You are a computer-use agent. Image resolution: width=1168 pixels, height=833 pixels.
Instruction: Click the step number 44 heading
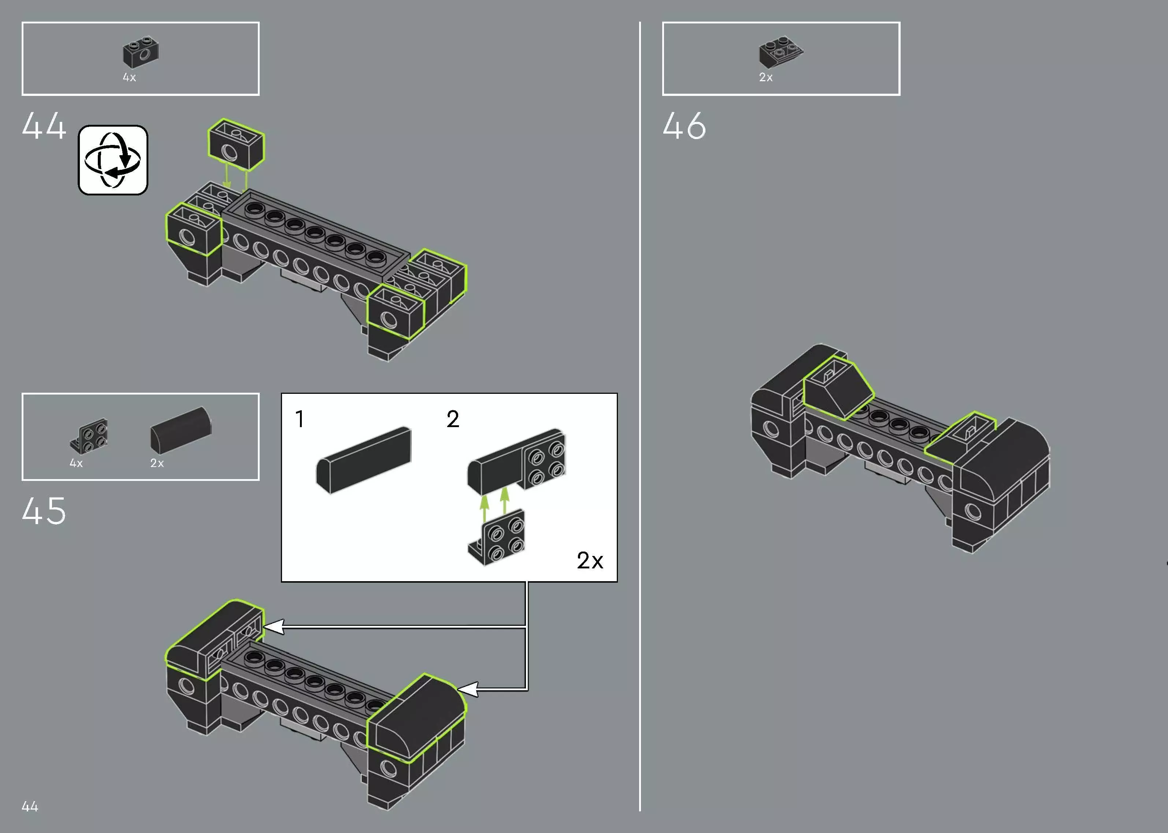coord(44,126)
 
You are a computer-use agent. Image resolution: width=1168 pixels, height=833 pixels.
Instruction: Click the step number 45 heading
coord(44,511)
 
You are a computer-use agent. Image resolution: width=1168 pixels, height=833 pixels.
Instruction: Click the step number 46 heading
coord(684,126)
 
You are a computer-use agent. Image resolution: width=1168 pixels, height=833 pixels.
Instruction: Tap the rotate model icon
coord(113,160)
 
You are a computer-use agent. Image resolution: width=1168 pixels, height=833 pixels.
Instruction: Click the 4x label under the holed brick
coord(129,78)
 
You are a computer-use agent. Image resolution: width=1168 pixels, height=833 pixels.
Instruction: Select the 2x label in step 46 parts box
coord(766,78)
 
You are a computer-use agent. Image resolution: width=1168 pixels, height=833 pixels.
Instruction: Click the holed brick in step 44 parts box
coord(141,52)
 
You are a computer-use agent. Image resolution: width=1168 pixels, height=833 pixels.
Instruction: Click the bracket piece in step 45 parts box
coord(90,436)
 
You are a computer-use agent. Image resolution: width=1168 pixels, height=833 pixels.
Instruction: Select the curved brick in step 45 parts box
coord(181,430)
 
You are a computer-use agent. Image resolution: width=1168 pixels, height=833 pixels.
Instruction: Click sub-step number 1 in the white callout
coord(300,419)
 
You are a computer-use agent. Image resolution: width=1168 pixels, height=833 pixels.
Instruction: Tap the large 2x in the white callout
coord(590,561)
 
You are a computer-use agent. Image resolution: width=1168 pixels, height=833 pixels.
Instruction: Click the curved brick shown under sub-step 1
coord(364,460)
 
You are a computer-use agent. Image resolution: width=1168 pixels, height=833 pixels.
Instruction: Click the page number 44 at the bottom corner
coord(30,806)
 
